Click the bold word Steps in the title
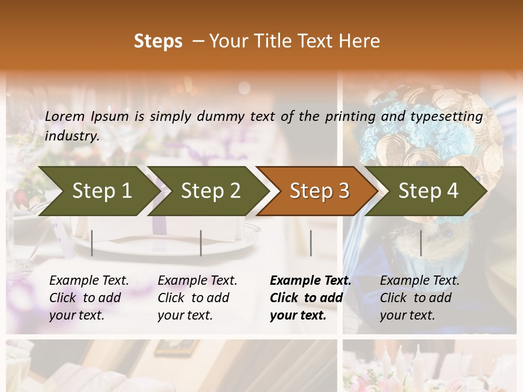158,41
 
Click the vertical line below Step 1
92,243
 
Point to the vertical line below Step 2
201,243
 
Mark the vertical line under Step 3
311,243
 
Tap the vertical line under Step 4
421,243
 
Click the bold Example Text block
310,298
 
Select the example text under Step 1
89,298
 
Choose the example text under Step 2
197,298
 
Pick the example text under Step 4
419,298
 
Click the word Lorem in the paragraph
64,117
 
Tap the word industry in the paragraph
71,136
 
